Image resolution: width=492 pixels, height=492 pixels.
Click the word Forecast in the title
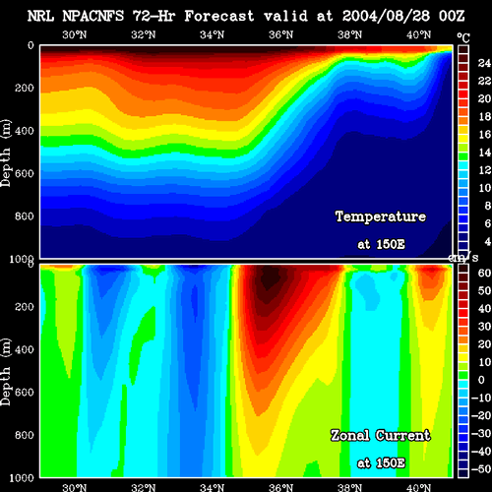click(219, 16)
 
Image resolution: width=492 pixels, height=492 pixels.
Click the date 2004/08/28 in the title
click(386, 16)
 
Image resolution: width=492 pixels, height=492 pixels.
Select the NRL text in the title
click(40, 16)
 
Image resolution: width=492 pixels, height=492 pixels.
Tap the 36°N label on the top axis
click(281, 34)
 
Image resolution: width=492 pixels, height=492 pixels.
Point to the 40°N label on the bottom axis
click(419, 487)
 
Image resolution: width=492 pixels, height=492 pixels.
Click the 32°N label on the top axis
click(144, 34)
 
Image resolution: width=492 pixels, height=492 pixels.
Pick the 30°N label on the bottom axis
click(75, 487)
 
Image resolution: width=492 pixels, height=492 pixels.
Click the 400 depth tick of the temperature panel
click(25, 131)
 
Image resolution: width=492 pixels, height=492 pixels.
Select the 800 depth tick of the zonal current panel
click(25, 435)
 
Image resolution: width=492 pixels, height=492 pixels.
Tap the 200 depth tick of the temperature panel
click(25, 88)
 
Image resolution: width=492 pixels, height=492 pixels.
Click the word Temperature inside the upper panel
click(381, 216)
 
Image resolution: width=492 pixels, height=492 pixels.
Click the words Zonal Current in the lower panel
click(381, 436)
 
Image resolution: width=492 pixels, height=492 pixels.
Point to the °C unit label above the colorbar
click(463, 38)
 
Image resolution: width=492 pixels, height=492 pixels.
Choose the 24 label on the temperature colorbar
click(484, 63)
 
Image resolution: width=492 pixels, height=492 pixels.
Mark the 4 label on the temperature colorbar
click(488, 241)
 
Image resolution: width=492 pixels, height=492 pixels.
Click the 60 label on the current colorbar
click(484, 273)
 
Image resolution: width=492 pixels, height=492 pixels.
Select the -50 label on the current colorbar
click(481, 469)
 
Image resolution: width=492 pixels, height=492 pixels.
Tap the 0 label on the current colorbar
click(481, 380)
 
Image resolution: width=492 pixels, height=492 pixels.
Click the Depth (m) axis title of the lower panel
click(6, 372)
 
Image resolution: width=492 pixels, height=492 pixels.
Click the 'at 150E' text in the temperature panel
click(381, 244)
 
